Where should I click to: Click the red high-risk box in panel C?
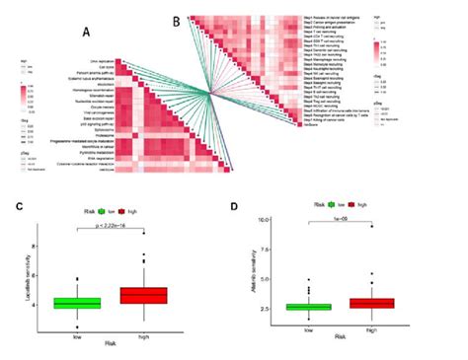coord(143,295)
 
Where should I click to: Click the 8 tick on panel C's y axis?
coord(36,243)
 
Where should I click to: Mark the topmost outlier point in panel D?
coord(372,254)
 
